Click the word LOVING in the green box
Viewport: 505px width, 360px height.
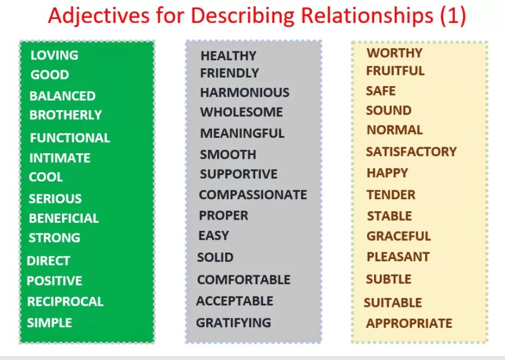(54, 56)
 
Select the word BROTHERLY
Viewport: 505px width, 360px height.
(65, 115)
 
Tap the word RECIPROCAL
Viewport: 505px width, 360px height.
(65, 302)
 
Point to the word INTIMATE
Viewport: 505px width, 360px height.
(59, 158)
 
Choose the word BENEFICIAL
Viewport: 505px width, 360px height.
(63, 218)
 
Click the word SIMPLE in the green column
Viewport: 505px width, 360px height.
(49, 323)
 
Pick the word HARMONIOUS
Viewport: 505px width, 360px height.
(244, 92)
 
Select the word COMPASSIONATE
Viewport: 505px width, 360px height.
(253, 195)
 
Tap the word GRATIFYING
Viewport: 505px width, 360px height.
(233, 323)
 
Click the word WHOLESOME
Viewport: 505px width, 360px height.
(241, 113)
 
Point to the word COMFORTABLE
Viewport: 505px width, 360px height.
(244, 280)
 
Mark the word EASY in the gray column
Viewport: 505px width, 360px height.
(213, 235)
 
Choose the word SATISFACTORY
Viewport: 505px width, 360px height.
(411, 152)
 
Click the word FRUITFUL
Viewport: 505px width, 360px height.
(395, 71)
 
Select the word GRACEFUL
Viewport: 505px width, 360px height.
(398, 237)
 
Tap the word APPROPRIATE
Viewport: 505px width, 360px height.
(409, 323)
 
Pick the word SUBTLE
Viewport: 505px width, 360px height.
(388, 279)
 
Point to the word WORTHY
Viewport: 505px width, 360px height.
(394, 53)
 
